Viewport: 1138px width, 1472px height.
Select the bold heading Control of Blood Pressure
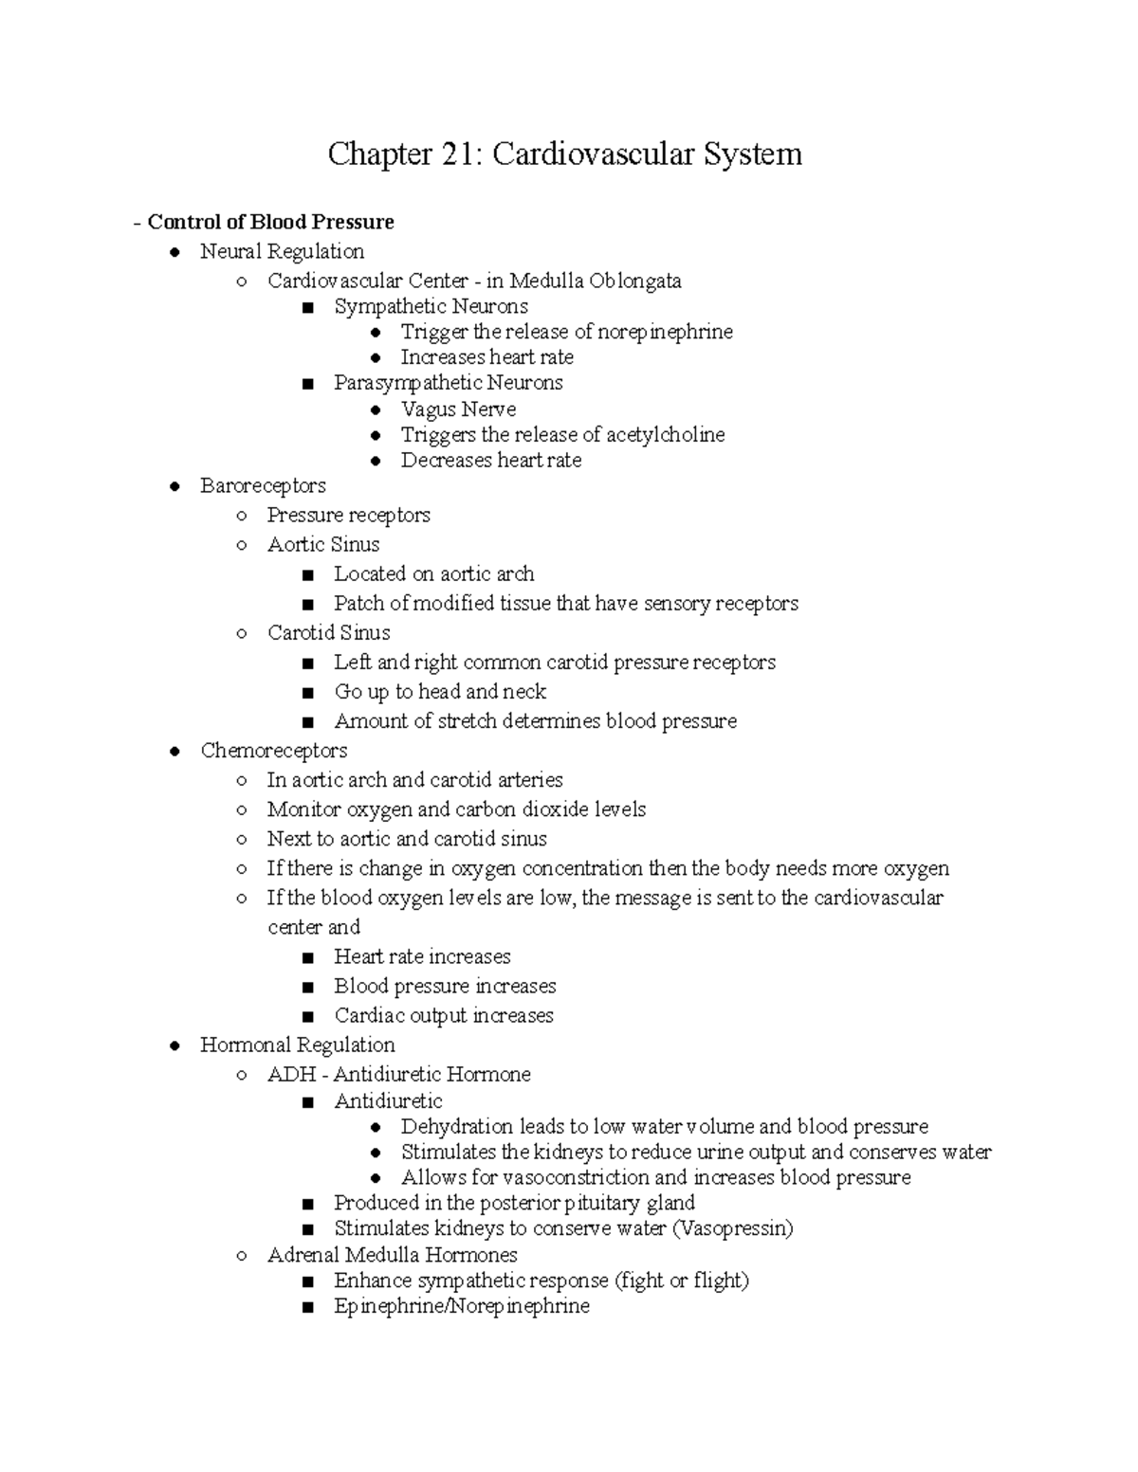pos(270,222)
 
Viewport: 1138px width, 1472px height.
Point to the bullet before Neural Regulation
pos(174,252)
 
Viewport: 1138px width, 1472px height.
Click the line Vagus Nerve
pos(458,409)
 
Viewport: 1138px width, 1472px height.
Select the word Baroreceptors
pos(263,486)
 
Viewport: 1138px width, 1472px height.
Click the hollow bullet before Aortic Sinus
pos(242,545)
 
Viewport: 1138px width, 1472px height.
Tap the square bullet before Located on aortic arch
pos(306,575)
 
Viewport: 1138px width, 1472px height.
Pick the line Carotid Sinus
pos(328,633)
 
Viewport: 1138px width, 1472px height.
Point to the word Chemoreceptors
pos(273,751)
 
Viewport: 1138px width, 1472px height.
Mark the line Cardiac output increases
pos(443,1016)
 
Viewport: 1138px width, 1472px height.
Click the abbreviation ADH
pos(291,1075)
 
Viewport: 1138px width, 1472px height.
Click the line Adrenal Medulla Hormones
pos(392,1255)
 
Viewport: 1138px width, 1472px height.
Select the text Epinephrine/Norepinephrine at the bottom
pos(461,1306)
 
